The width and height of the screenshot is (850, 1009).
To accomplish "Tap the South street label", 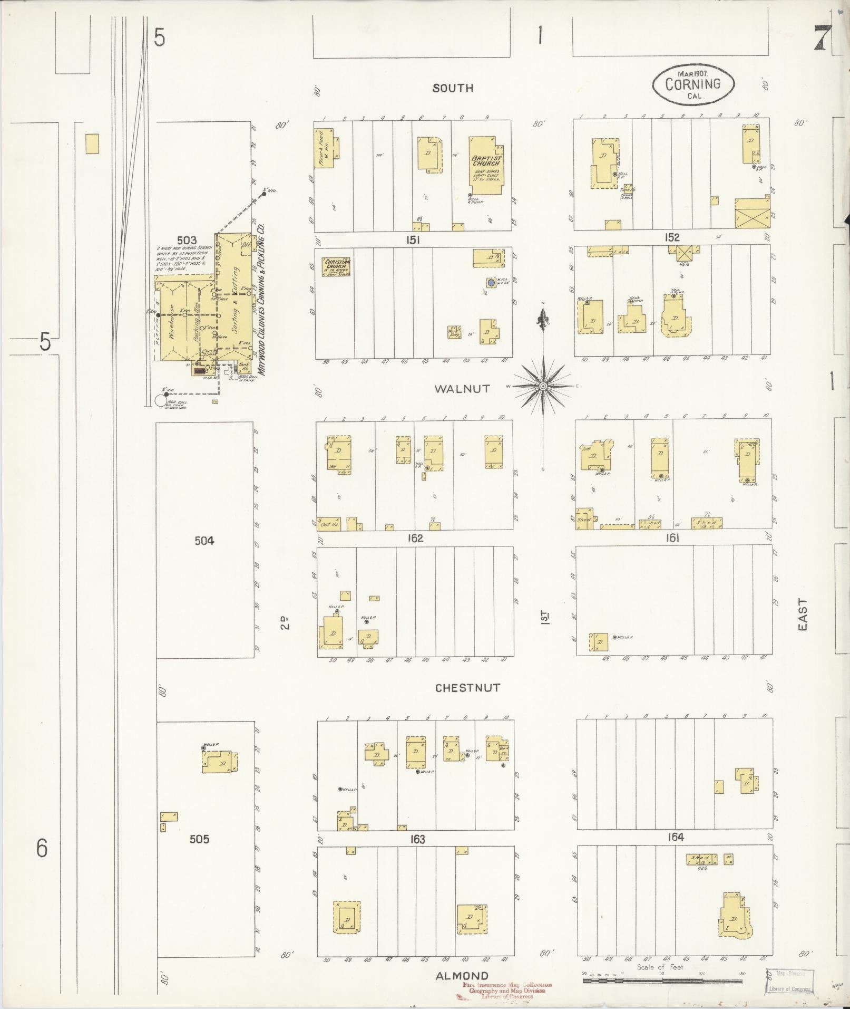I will (453, 88).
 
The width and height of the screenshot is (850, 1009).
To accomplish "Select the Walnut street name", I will (462, 389).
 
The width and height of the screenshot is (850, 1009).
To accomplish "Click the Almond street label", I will (462, 975).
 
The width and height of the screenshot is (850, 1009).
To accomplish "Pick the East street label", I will (802, 614).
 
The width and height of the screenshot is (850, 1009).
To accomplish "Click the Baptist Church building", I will (485, 163).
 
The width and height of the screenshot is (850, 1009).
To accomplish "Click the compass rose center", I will (542, 387).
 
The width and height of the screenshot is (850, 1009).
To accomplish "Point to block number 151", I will (412, 240).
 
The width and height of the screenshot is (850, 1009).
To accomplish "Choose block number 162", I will (415, 539).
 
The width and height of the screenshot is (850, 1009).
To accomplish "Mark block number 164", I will (675, 837).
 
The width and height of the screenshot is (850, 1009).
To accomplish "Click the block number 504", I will (204, 540).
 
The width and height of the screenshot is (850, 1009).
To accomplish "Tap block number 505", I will (199, 839).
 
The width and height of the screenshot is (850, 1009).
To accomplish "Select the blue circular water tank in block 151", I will (491, 283).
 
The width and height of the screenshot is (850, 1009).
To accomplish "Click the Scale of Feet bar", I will (662, 981).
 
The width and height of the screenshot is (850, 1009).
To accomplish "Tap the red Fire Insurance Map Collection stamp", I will (506, 991).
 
